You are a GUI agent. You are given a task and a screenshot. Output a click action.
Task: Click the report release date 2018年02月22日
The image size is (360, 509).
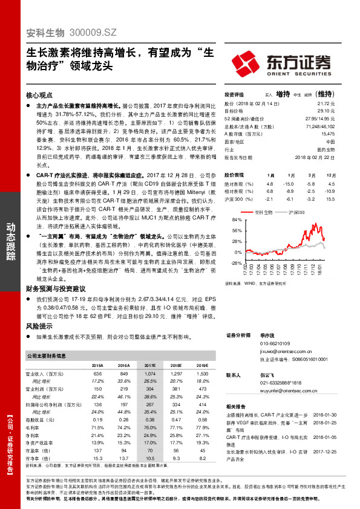coord(318,157)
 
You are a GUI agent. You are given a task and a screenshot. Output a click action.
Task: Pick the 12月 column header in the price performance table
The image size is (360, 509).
coord(330,173)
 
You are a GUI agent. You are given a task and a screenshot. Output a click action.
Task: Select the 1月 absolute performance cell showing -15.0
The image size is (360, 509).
coord(289,183)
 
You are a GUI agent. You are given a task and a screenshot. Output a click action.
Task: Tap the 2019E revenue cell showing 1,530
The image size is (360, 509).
coord(203,374)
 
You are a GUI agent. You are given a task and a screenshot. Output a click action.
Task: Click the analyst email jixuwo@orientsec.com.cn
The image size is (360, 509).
coord(286,350)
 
